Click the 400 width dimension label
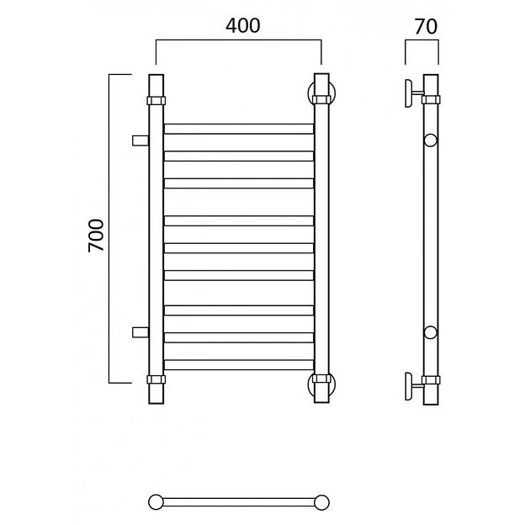pyautogui.click(x=243, y=26)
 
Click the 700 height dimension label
pyautogui.click(x=97, y=236)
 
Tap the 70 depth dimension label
pyautogui.click(x=426, y=26)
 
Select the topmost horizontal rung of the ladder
pyautogui.click(x=239, y=129)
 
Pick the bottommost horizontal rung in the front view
pyautogui.click(x=239, y=364)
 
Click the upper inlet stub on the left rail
pyautogui.click(x=141, y=141)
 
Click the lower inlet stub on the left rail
pyautogui.click(x=141, y=332)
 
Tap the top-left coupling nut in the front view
pyautogui.click(x=156, y=100)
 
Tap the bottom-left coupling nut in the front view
pyautogui.click(x=156, y=379)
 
